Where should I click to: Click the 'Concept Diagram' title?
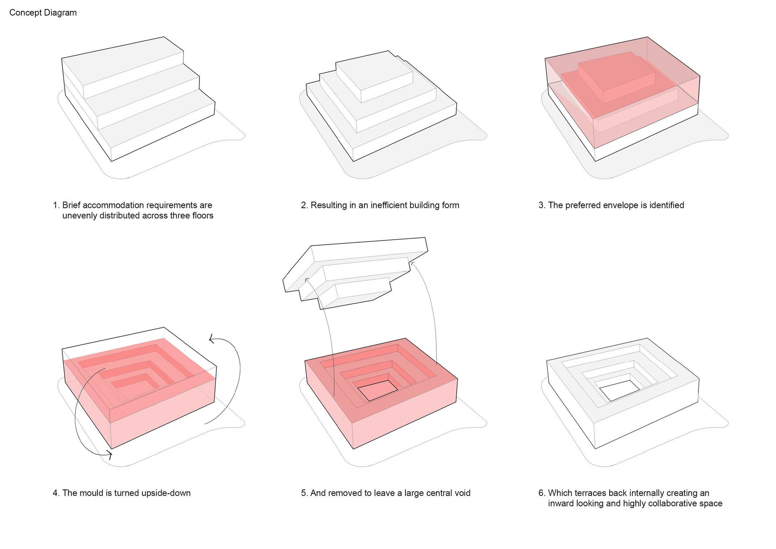tap(43, 13)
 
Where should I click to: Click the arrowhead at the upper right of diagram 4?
tap(211, 339)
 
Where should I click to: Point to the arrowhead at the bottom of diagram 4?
tap(110, 455)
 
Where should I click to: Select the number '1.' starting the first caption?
tap(56, 205)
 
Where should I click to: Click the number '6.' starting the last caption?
tap(542, 493)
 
